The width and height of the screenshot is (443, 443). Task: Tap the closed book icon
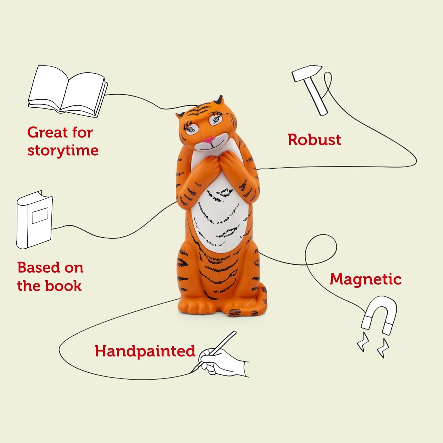coord(34,220)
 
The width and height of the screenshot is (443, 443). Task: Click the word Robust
coord(314,140)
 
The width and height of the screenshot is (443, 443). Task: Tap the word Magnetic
coord(365,280)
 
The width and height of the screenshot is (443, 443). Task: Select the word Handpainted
coord(145,351)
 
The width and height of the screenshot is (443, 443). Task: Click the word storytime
coord(63,151)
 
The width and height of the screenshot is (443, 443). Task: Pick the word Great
coord(47,132)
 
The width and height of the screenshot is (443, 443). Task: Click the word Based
coord(37,267)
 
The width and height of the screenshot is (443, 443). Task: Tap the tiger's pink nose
coord(209,140)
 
